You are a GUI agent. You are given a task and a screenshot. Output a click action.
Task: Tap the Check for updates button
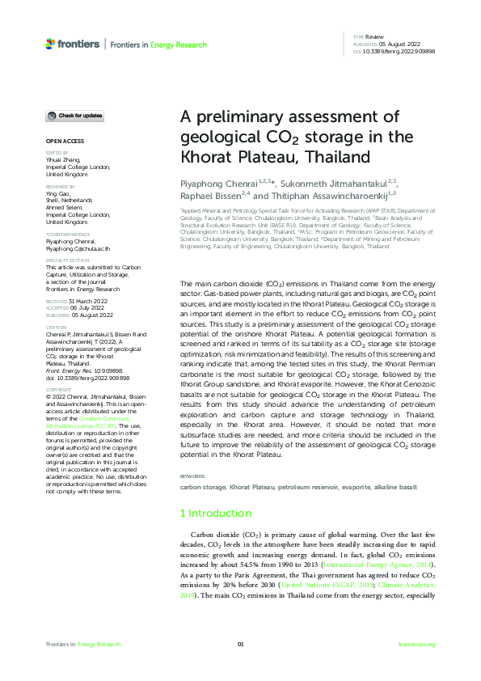click(74, 116)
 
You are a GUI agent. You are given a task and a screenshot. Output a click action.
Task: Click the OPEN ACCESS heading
click(61, 142)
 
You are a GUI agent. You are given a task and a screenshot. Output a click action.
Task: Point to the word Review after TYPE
click(374, 38)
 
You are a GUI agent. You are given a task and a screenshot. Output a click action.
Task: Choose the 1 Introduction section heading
click(215, 513)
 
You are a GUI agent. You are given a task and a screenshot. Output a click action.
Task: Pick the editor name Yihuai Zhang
click(62, 159)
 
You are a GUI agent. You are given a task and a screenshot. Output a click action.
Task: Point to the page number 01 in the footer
click(240, 644)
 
